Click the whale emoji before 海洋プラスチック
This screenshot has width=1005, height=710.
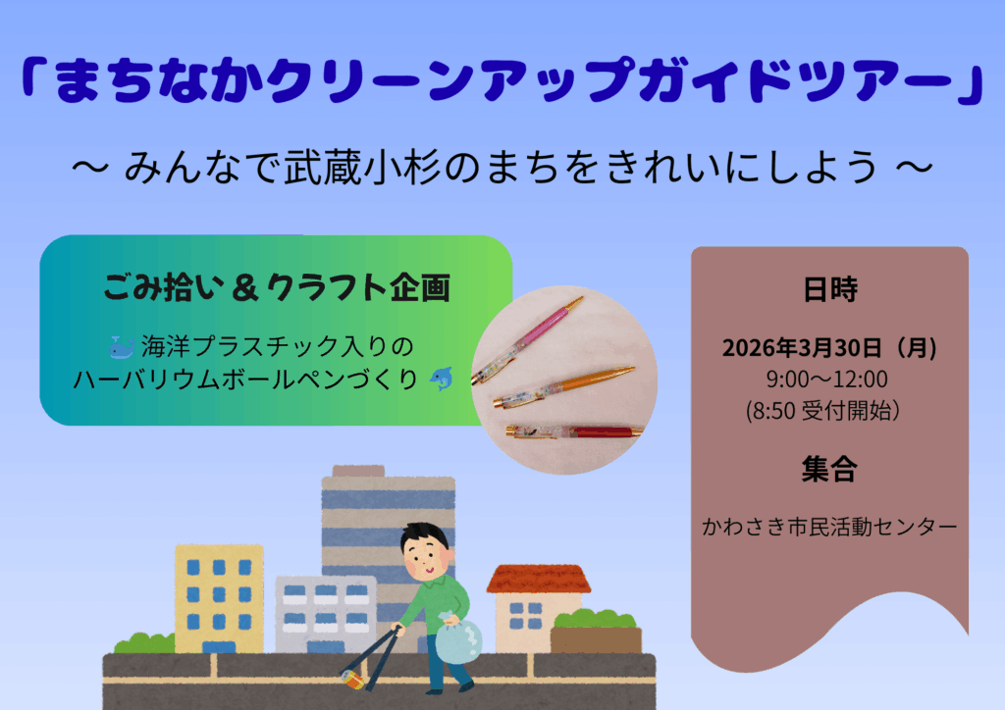(122, 347)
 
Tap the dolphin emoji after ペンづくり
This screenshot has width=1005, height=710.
(442, 379)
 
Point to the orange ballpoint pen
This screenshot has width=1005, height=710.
(564, 386)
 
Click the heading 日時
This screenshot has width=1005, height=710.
(830, 289)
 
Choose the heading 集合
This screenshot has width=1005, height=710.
(829, 469)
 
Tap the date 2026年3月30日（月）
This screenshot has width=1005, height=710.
(829, 347)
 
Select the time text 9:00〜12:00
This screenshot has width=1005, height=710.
(826, 379)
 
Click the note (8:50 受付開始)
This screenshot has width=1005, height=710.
(823, 410)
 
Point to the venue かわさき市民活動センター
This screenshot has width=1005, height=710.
(829, 527)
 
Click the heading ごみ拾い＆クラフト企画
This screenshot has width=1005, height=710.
(277, 286)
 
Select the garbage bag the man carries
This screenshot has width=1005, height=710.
(458, 638)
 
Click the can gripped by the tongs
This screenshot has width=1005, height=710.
(353, 680)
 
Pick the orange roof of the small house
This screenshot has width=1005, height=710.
(539, 579)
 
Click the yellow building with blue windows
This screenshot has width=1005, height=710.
(219, 598)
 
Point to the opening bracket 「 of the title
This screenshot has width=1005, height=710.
(34, 78)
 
